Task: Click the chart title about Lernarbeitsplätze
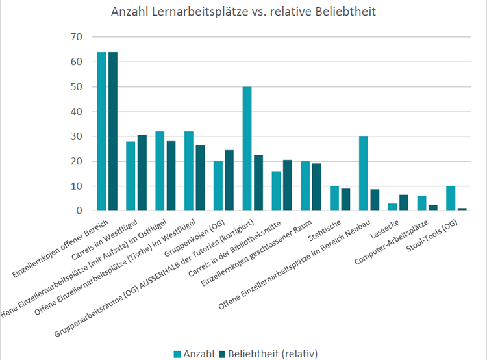(243, 12)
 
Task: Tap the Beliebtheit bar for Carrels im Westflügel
(142, 173)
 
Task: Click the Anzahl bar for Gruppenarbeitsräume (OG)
(247, 149)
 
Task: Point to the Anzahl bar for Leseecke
(392, 207)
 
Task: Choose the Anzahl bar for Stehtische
(334, 198)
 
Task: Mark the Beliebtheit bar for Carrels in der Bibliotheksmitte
(288, 185)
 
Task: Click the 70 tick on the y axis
(76, 37)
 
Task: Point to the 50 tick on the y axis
(76, 86)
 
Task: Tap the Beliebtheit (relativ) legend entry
(268, 353)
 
